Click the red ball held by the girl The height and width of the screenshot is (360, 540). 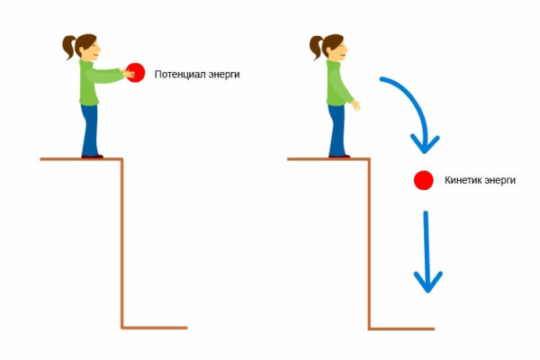[x=136, y=73]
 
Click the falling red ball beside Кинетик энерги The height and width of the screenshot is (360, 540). [x=424, y=180]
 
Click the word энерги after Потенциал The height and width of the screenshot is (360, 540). [x=221, y=75]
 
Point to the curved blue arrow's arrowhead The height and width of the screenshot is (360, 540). [x=425, y=144]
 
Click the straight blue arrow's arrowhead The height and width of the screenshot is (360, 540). [x=427, y=282]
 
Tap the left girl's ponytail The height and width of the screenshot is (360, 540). [x=69, y=47]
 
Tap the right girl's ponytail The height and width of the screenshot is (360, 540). [x=317, y=47]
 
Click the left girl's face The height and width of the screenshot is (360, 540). [x=94, y=51]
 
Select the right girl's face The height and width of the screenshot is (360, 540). [x=340, y=51]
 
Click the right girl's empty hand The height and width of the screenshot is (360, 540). [x=356, y=105]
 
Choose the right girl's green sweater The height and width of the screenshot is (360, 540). [x=338, y=83]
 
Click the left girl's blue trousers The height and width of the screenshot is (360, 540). [x=89, y=130]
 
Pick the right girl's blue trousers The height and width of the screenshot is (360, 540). [x=337, y=130]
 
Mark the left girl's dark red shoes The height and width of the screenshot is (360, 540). [x=93, y=157]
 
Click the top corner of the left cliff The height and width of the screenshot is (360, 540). [x=121, y=159]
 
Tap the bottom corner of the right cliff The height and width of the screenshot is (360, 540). [x=369, y=329]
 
